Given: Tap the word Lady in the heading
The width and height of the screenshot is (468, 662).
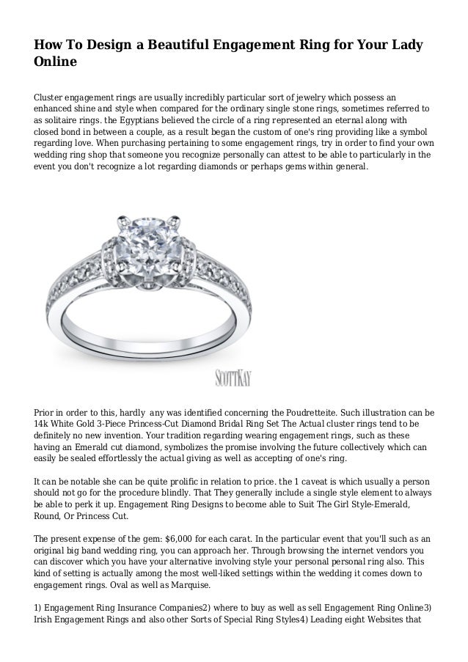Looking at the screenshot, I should pos(403,45).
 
